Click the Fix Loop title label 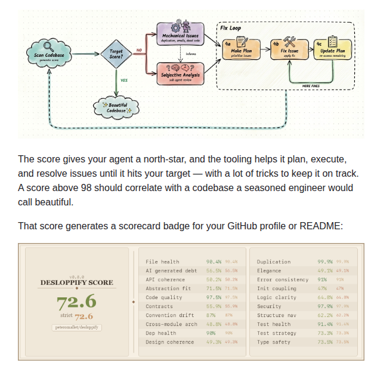point(231,27)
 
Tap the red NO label point(140,50)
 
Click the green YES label point(124,80)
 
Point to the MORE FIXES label point(311,86)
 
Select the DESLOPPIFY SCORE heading point(75,282)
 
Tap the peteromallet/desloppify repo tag point(75,327)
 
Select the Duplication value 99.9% point(324,262)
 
